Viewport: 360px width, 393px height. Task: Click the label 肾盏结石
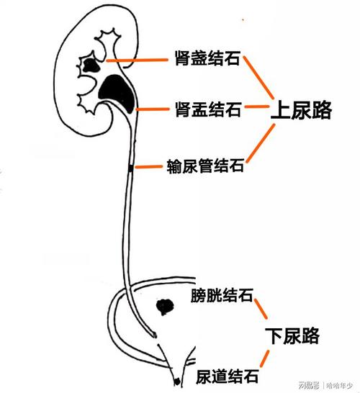[207, 57]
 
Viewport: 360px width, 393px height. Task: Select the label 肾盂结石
[207, 110]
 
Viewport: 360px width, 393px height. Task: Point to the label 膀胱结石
[221, 295]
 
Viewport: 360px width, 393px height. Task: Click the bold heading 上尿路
[300, 110]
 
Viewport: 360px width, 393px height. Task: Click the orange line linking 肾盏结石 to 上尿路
[260, 77]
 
